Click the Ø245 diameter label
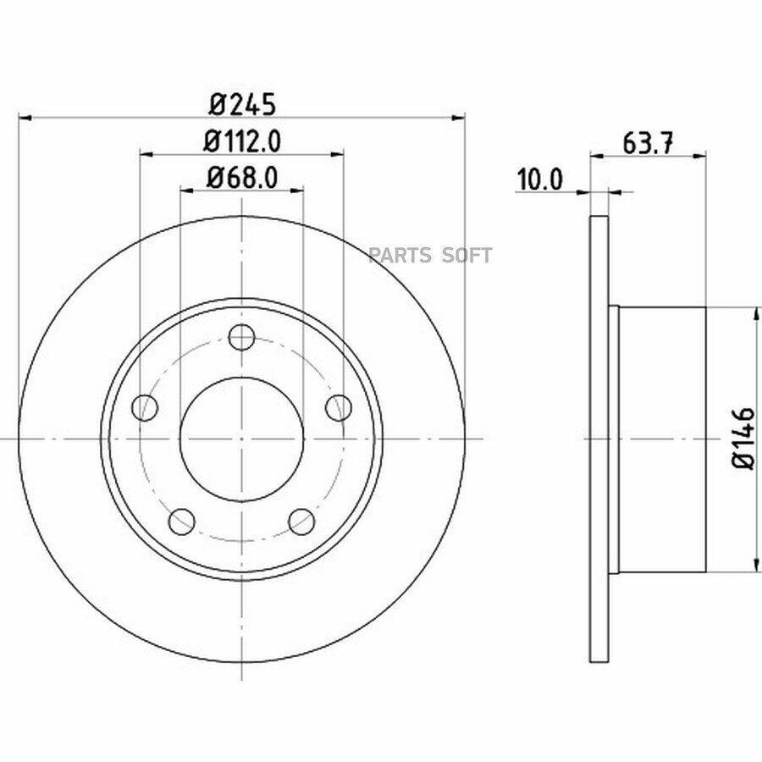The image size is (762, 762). point(242,104)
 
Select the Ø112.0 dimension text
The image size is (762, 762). point(242,141)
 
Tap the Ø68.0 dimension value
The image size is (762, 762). point(242,178)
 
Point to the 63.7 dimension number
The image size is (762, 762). point(648,143)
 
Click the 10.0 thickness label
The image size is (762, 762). point(540,179)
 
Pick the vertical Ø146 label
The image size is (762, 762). point(743,439)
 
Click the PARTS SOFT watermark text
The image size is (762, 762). point(430,255)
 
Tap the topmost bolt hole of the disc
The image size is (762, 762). point(241,337)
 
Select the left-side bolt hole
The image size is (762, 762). point(145,407)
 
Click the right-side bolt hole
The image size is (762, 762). point(339,407)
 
